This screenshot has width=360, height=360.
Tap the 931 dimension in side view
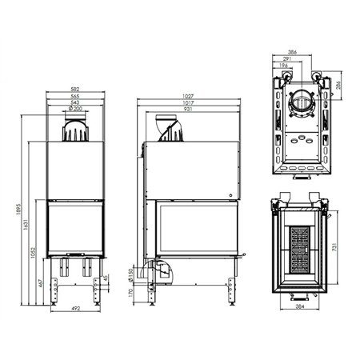[188, 108]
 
